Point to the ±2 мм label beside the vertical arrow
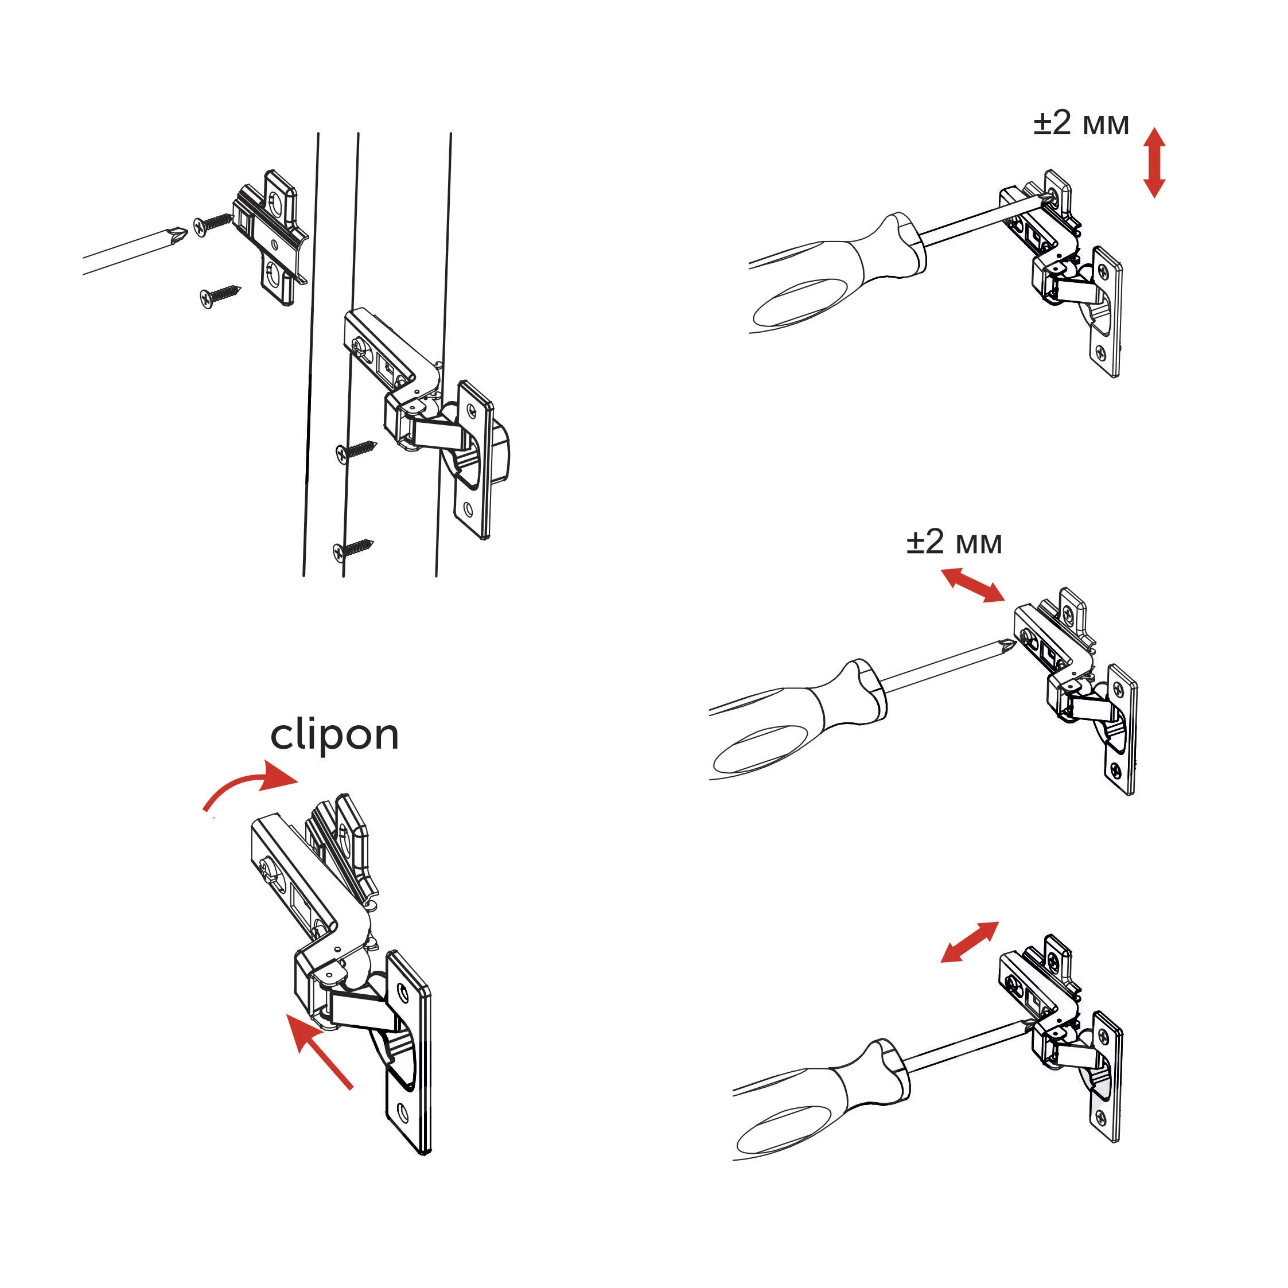point(1081,124)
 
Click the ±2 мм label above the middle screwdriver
point(954,543)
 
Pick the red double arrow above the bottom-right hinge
point(970,942)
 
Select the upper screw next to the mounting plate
point(213,223)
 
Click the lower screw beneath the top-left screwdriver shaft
point(219,297)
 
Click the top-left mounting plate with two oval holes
point(272,238)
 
